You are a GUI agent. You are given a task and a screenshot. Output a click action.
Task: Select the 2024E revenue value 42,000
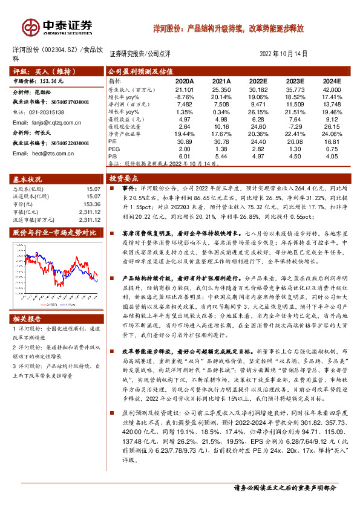click(x=332, y=88)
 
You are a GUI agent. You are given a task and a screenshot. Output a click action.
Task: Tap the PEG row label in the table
click(x=114, y=148)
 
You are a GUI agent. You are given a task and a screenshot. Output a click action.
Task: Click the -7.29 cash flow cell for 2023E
click(x=295, y=126)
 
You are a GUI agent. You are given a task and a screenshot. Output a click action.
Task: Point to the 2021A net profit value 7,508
click(x=221, y=103)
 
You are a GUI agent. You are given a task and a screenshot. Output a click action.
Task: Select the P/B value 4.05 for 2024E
click(x=332, y=155)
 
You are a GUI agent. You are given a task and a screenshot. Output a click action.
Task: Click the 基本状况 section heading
click(x=28, y=179)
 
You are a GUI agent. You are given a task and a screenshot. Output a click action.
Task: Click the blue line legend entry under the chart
click(x=70, y=305)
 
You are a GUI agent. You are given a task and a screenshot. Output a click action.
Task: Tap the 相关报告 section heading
click(x=28, y=318)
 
